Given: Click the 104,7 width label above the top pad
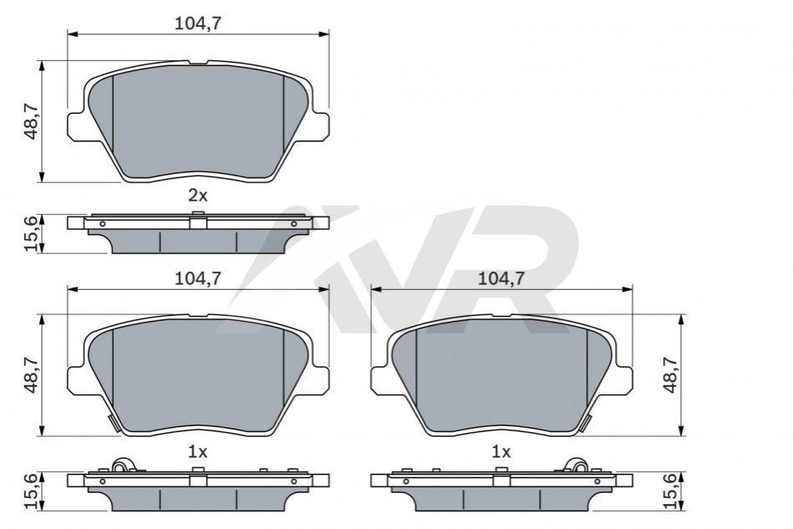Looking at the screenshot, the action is (198, 23).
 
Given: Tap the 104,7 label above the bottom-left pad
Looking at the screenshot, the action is (198, 278).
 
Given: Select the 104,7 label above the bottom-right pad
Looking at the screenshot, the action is (501, 278).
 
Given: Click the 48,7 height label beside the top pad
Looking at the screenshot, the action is (32, 122).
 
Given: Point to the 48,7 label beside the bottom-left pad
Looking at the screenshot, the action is (32, 374).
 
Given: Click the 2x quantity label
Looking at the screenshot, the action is (198, 196).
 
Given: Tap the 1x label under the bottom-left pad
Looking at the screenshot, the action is (198, 451).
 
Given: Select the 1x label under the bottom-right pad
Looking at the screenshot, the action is (501, 451).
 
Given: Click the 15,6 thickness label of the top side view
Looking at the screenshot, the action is (32, 234).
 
